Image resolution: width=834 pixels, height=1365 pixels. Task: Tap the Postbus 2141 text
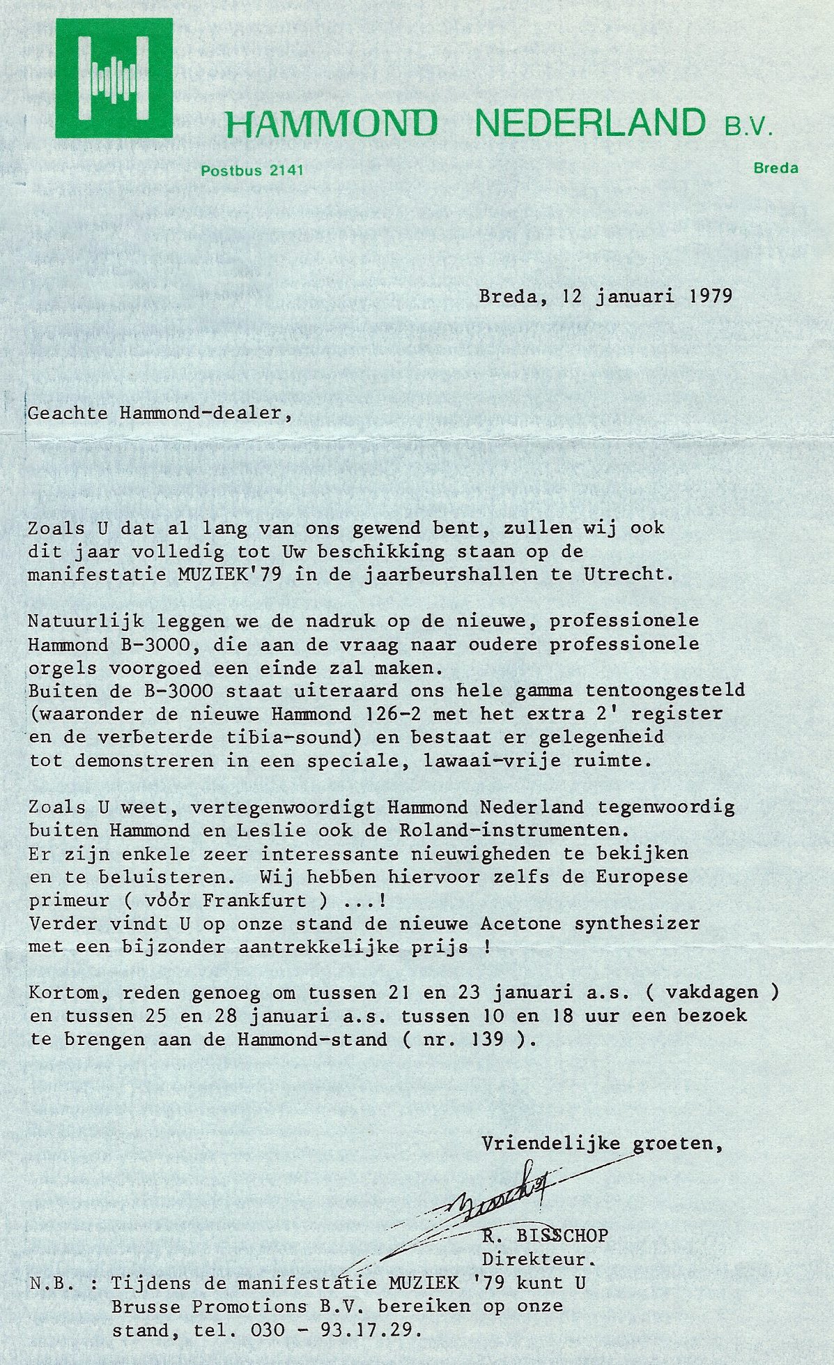[x=252, y=169]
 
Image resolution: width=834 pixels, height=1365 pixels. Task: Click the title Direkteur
[x=540, y=1259]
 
